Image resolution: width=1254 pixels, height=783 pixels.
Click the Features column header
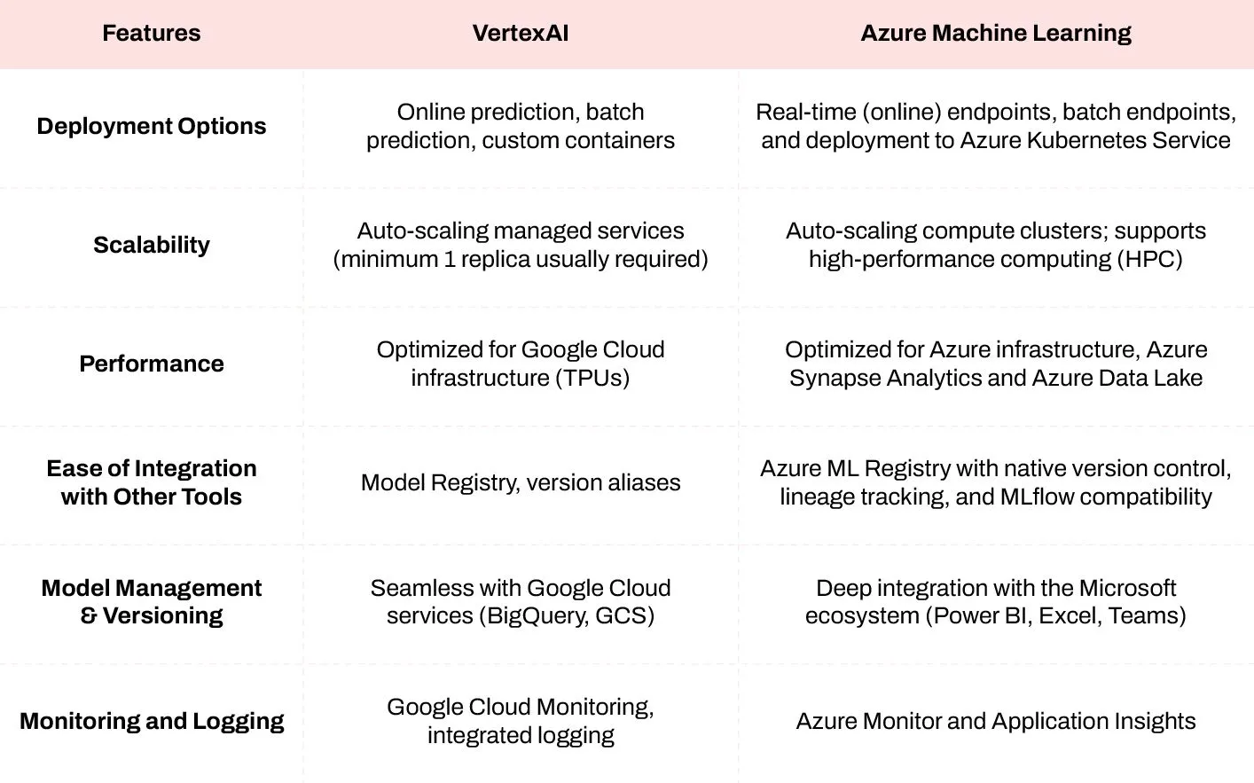point(151,34)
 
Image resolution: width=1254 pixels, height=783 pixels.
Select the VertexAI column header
point(520,34)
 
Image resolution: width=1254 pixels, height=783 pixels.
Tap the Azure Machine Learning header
point(995,34)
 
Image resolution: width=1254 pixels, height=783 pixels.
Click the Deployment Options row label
point(151,126)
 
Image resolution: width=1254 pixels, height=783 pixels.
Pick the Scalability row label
point(151,245)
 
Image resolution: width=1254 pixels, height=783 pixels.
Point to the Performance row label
point(151,364)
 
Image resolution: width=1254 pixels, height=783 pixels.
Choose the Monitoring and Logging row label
point(151,721)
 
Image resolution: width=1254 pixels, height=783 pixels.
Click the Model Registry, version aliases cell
point(520,482)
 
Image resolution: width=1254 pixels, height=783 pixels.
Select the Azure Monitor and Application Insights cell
point(995,721)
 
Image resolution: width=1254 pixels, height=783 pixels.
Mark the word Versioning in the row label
point(162,616)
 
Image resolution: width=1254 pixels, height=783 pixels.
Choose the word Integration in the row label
point(196,468)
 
